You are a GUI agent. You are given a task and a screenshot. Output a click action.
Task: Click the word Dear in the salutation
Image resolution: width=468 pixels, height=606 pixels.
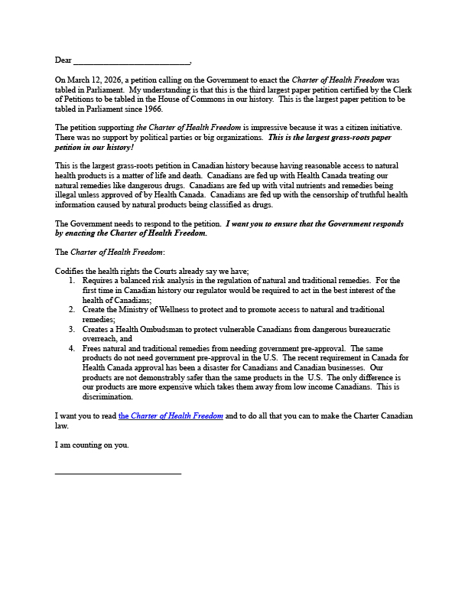63,60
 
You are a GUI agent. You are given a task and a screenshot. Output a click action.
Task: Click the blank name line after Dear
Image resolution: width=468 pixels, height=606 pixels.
131,63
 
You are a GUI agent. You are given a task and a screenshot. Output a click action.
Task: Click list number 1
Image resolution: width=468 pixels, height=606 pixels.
71,281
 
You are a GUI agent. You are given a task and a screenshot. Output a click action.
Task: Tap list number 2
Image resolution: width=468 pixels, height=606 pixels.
71,310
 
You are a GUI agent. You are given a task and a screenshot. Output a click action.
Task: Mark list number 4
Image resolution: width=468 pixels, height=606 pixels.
71,348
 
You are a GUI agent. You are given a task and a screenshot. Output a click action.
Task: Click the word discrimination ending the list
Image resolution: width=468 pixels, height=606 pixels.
108,397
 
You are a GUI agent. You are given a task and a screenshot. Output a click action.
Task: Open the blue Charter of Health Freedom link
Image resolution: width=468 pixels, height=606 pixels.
171,416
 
